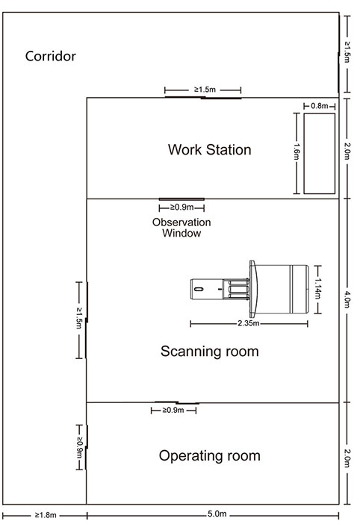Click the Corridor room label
click(x=51, y=56)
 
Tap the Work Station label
click(x=209, y=149)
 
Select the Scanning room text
click(x=209, y=352)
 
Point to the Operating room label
click(x=209, y=456)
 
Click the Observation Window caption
click(x=181, y=228)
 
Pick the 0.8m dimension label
click(x=320, y=106)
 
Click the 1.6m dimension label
click(x=296, y=152)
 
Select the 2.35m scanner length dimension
click(x=249, y=323)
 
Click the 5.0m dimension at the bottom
click(x=217, y=514)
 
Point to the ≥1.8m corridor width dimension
click(x=46, y=515)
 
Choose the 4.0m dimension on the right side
click(x=347, y=299)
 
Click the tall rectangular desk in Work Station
click(x=320, y=153)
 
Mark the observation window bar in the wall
click(x=181, y=199)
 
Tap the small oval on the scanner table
click(x=199, y=289)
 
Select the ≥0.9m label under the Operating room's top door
click(x=173, y=410)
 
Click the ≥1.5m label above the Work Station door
click(x=205, y=90)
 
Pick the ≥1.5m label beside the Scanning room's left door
click(x=79, y=318)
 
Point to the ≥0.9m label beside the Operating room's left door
click(x=79, y=447)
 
